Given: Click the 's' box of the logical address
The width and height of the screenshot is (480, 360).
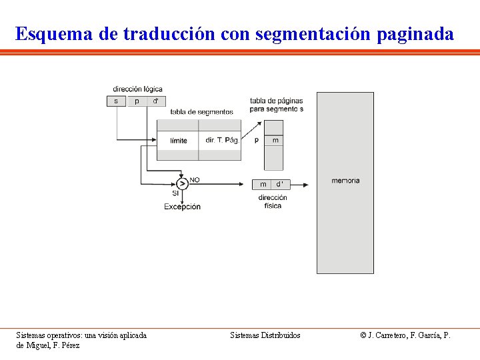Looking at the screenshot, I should [116, 101].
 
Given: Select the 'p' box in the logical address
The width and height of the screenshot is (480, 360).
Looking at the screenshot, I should [137, 101].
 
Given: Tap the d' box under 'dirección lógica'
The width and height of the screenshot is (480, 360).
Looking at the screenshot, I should [156, 101].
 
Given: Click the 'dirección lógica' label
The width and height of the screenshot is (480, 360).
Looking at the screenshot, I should [137, 89].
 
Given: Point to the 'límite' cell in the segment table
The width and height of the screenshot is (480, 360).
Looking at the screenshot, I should [178, 141].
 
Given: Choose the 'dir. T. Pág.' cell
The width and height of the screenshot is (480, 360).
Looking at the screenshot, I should [221, 140].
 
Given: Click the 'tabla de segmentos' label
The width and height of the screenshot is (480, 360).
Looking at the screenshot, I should [201, 112].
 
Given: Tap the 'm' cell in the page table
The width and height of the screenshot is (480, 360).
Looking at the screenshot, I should [275, 140].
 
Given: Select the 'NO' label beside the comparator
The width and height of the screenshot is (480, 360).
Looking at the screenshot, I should [195, 180].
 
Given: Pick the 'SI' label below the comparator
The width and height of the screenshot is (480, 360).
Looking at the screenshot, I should [176, 193].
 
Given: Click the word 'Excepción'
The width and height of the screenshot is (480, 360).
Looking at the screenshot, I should [182, 207].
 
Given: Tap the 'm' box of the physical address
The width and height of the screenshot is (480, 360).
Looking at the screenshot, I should [263, 184].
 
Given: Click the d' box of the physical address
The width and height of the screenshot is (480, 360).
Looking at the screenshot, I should [280, 184].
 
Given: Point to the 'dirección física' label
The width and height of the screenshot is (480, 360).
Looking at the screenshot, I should [273, 201].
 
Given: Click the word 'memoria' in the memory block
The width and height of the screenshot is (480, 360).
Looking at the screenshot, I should [345, 181].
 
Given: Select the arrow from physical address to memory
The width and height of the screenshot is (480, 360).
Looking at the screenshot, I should [301, 184].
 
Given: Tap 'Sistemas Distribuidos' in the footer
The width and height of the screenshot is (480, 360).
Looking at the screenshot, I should [265, 335].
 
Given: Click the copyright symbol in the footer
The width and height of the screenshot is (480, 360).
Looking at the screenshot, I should [363, 335].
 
